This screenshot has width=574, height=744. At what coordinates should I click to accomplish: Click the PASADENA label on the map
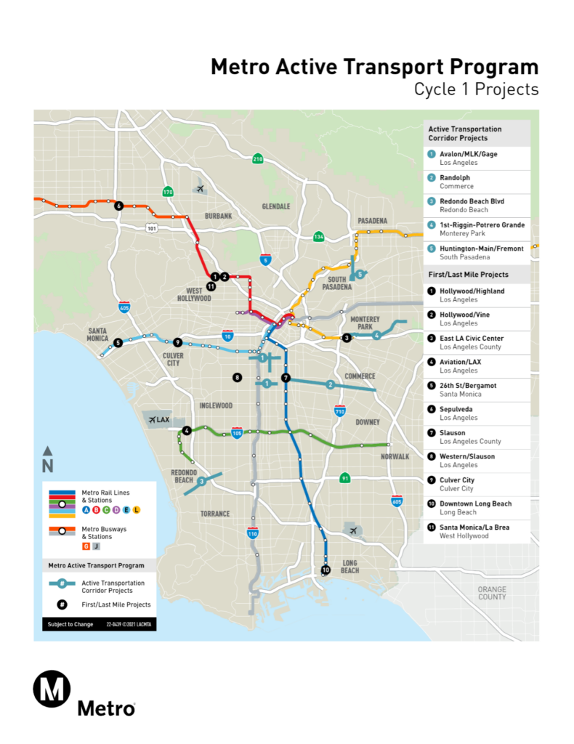[x=372, y=221]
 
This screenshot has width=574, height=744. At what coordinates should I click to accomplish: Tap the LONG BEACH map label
[x=349, y=566]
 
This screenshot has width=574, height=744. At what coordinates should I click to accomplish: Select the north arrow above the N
[x=47, y=451]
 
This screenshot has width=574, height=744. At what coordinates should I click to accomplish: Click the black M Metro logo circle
[x=52, y=687]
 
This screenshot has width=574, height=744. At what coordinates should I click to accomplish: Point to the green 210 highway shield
[x=257, y=159]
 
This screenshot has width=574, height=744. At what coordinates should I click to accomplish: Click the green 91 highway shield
[x=345, y=477]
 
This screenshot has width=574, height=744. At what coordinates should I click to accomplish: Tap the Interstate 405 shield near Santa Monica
[x=125, y=308]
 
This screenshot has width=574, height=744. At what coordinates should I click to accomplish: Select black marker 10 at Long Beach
[x=325, y=570]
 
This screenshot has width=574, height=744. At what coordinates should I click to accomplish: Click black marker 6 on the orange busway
[x=118, y=206]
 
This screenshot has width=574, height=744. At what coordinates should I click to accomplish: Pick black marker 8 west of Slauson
[x=237, y=377]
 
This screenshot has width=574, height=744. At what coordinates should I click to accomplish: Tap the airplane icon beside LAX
[x=153, y=419]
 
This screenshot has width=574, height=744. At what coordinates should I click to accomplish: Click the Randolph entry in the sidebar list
[x=455, y=177]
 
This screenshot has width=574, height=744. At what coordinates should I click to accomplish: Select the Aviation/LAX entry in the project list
[x=460, y=362]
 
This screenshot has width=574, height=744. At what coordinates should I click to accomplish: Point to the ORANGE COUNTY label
[x=492, y=593]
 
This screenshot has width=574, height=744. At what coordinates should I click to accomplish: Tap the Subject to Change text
[x=70, y=624]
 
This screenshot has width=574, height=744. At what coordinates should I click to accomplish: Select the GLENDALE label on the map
[x=276, y=206]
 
